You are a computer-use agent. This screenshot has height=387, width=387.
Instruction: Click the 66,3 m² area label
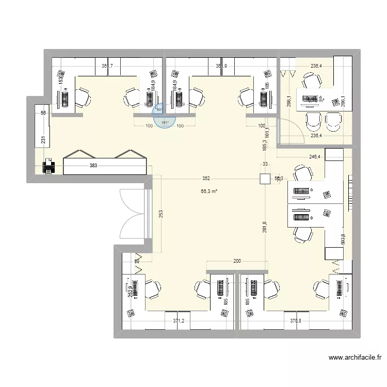point(209,191)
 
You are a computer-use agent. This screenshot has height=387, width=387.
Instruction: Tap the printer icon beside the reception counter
point(48,166)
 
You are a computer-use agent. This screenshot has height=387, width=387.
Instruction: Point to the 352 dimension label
point(206,179)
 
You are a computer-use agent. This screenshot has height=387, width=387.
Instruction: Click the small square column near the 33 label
point(265,179)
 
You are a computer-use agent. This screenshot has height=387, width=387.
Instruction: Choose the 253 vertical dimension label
point(160,214)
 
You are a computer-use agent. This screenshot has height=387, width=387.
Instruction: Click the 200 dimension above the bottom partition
point(237,262)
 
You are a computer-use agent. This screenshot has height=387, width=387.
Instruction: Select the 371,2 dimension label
point(179,320)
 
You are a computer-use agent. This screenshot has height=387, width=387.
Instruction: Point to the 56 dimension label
point(43,114)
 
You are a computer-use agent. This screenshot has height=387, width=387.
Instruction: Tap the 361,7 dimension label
point(107,66)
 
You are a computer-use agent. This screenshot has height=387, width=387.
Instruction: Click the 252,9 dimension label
point(131,293)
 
